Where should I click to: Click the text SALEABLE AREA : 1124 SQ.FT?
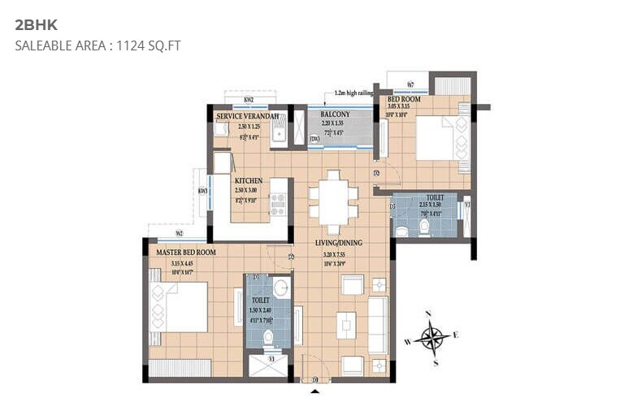(x=98, y=45)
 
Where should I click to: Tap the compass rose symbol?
(x=434, y=335)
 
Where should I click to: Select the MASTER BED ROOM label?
(x=186, y=253)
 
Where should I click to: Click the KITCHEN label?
(x=249, y=180)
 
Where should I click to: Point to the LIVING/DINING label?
(x=339, y=243)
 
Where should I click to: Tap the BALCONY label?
(x=335, y=115)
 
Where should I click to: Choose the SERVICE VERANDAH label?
(x=248, y=117)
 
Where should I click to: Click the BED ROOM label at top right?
(x=404, y=99)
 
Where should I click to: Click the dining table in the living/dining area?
(x=333, y=201)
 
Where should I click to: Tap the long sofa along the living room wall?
(x=378, y=325)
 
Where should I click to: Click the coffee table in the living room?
(x=346, y=325)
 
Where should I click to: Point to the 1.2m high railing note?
(x=348, y=93)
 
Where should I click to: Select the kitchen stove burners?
(x=278, y=204)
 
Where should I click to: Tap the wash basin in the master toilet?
(x=280, y=287)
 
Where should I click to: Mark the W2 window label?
(x=179, y=233)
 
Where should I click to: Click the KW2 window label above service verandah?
(x=248, y=100)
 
